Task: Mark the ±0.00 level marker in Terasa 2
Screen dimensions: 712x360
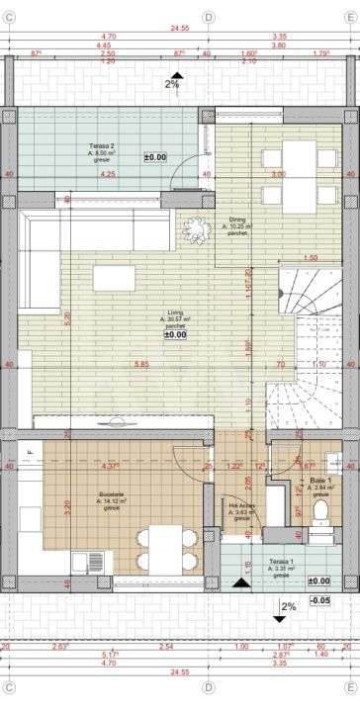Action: click(x=155, y=157)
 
